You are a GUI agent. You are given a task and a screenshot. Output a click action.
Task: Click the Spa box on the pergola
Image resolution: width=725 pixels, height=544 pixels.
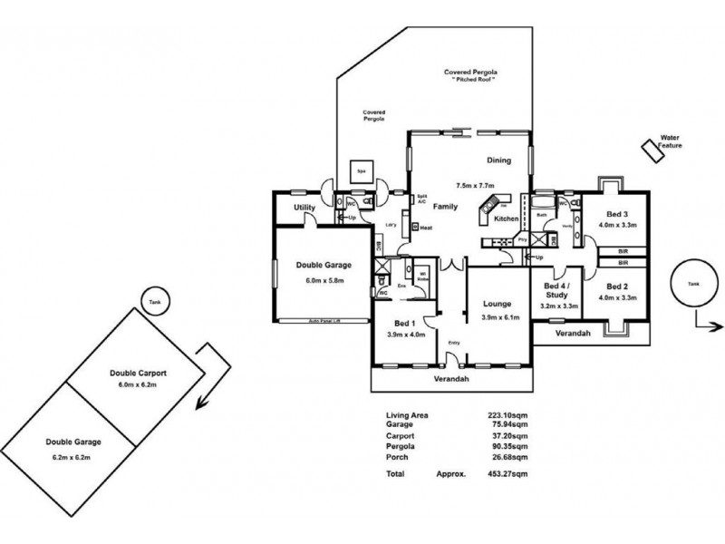pos(361,171)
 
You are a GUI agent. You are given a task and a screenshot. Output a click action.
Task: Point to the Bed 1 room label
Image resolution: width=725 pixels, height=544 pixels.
pos(404,323)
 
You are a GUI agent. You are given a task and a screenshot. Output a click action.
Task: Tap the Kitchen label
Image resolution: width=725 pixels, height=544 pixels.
pos(506,219)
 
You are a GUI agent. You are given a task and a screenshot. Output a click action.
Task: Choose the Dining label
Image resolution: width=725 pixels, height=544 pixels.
pos(498,160)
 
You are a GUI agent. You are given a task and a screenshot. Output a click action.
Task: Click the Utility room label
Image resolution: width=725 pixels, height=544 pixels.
pos(304,209)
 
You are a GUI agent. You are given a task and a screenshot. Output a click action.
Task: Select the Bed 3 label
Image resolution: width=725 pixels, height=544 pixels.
pos(617,213)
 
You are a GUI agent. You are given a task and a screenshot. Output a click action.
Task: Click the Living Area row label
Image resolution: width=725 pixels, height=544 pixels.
pos(407,415)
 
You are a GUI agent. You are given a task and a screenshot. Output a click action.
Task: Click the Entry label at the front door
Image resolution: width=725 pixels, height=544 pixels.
pos(454,342)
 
